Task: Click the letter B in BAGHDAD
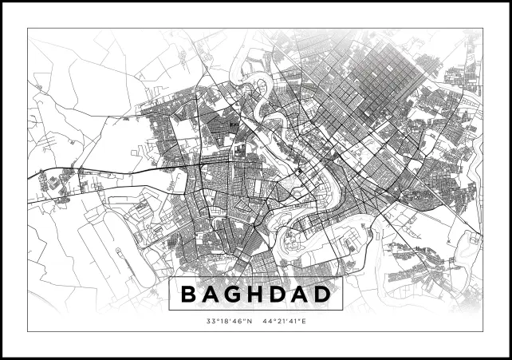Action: (x=190, y=295)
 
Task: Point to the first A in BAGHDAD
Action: (x=213, y=295)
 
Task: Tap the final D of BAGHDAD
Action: (x=323, y=295)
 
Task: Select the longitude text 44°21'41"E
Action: (x=283, y=322)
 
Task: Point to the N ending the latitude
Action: (x=249, y=322)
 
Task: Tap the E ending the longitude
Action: (x=304, y=322)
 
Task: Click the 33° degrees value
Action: (x=211, y=322)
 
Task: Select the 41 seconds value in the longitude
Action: (x=294, y=322)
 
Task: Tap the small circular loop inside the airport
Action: (x=118, y=253)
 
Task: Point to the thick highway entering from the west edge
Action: (x=48, y=174)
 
